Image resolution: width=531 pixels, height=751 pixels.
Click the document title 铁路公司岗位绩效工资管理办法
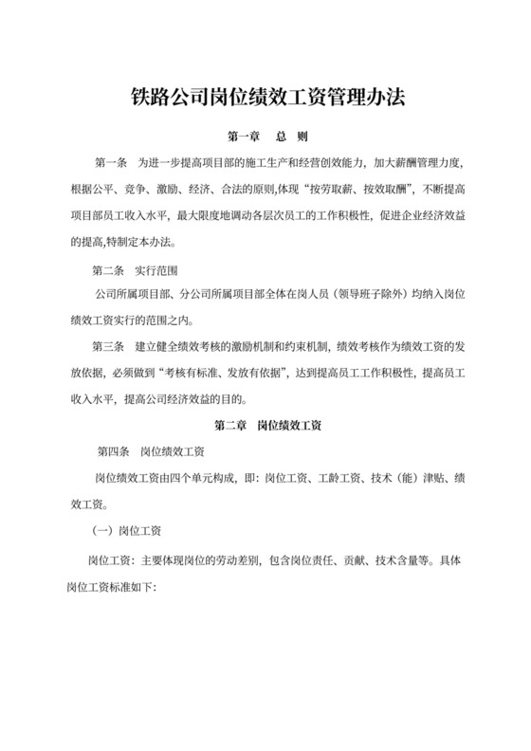[265, 96]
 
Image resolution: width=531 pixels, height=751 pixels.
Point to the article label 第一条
[112, 164]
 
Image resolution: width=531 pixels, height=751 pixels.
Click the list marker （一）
[97, 533]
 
